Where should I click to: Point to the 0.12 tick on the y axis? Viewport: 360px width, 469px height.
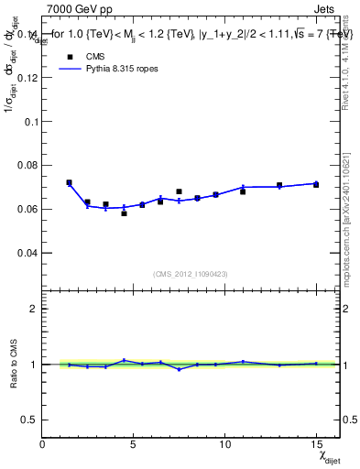click(28, 78)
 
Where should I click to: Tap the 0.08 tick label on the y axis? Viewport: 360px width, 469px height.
click(28, 165)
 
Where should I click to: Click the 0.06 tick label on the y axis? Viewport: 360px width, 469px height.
click(28, 209)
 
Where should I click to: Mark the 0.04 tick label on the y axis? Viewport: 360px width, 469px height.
click(28, 252)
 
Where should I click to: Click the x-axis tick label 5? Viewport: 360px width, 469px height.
click(134, 444)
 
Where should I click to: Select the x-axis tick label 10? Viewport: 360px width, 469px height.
click(224, 444)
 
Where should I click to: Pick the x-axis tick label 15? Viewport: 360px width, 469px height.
click(316, 444)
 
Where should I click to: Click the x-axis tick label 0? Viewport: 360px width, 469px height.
click(42, 444)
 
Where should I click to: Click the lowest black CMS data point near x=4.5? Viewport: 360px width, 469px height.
click(124, 213)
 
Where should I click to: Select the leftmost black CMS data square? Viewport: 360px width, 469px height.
click(69, 182)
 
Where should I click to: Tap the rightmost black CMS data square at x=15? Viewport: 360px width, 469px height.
click(316, 185)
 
